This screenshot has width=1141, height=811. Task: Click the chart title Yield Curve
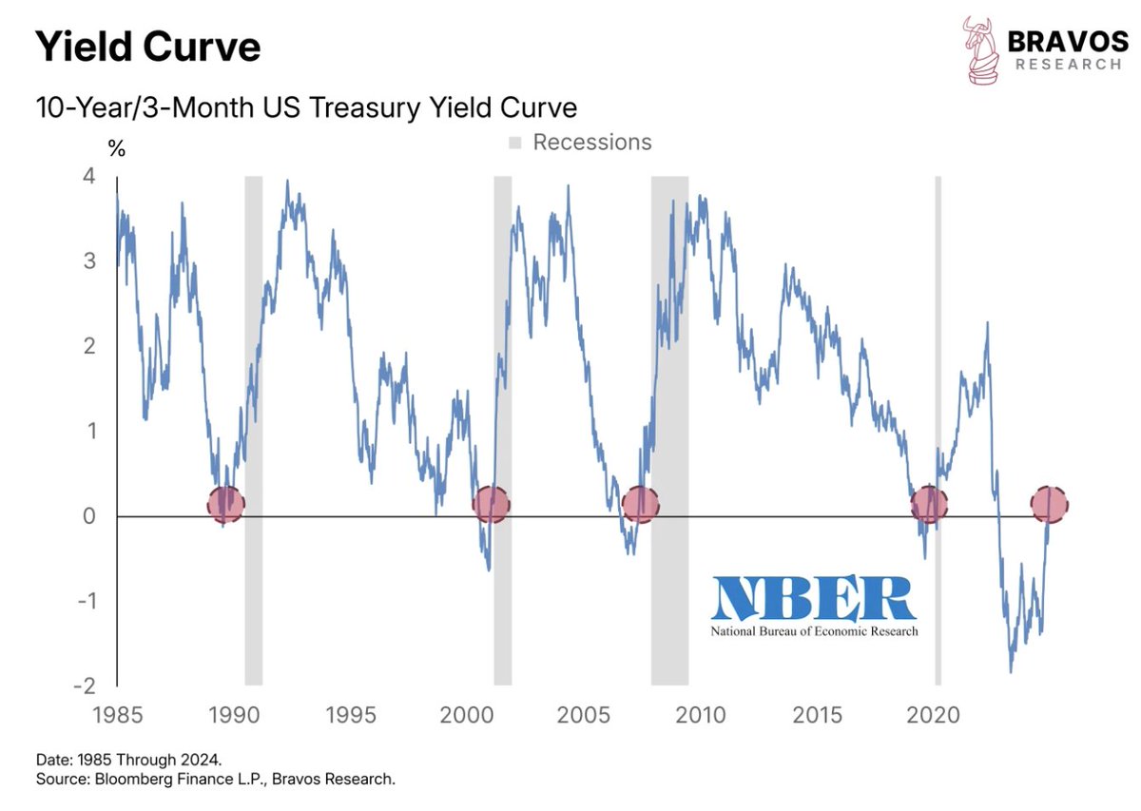(147, 46)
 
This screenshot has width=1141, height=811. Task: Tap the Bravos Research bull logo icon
(981, 49)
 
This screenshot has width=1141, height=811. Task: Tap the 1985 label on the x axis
(117, 715)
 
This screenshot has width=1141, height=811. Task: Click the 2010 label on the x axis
(701, 715)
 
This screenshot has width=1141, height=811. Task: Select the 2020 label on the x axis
(934, 715)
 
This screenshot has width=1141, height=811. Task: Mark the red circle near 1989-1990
(225, 504)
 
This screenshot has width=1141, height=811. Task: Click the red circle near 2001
(491, 504)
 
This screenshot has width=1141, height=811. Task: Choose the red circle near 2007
(640, 504)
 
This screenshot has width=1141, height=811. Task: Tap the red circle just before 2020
(928, 504)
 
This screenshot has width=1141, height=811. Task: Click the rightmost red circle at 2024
(1050, 504)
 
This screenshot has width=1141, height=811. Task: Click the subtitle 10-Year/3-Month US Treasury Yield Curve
(306, 106)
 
